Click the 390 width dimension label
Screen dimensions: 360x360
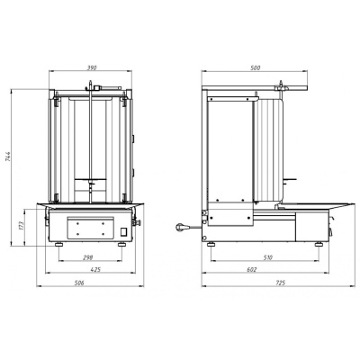click(x=92, y=68)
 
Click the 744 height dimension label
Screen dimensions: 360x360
click(x=8, y=157)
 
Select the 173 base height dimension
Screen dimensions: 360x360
click(x=21, y=226)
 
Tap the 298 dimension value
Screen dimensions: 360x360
click(x=89, y=257)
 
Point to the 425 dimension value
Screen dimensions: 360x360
click(x=95, y=270)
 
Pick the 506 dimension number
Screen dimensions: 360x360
click(x=80, y=283)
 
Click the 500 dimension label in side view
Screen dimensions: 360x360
click(x=256, y=68)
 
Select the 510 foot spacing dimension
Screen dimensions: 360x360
click(x=268, y=257)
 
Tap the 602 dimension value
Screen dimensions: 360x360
click(x=252, y=270)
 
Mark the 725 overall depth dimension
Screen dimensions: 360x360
click(x=281, y=283)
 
